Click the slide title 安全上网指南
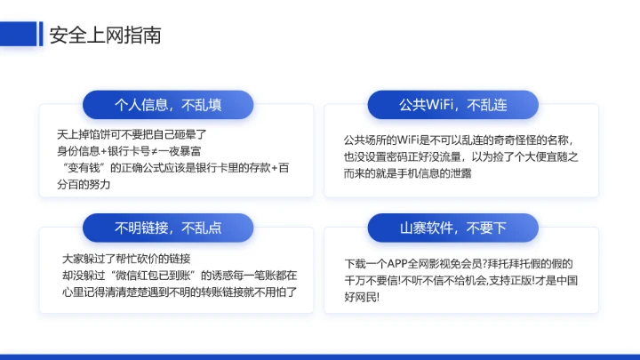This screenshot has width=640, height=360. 105,36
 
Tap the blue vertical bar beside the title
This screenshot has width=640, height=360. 41,35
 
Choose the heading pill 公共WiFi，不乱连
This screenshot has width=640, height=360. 452,105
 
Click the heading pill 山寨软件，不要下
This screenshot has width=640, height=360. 452,228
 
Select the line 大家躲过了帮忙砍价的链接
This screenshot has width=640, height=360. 126,258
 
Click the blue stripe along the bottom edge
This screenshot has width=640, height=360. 320,356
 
